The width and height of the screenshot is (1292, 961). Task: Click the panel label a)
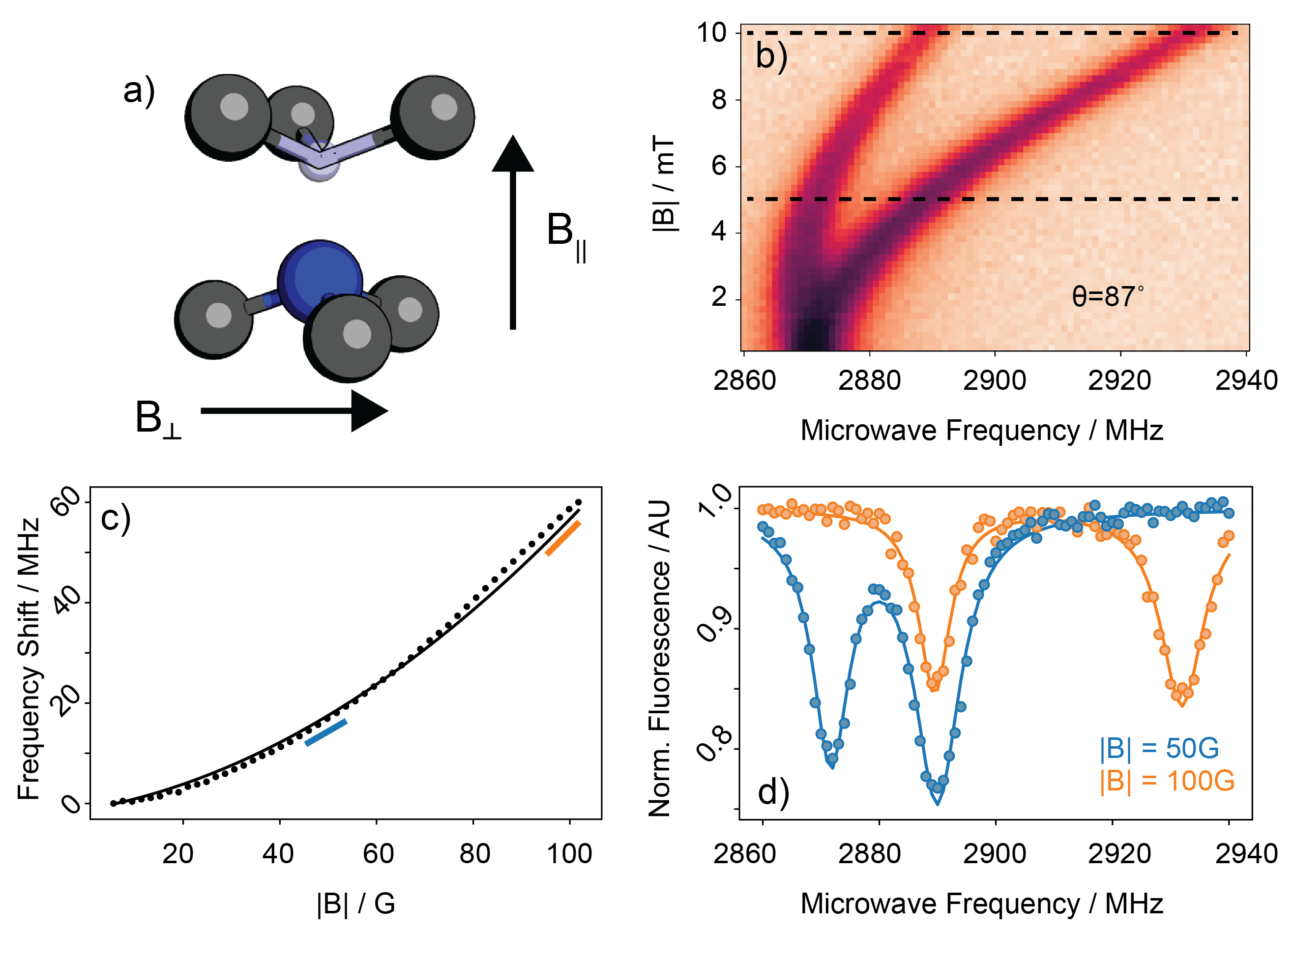click(139, 91)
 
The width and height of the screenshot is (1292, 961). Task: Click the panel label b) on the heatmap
click(771, 57)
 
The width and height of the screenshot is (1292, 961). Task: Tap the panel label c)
click(115, 518)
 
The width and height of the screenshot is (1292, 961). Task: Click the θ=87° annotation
click(1107, 297)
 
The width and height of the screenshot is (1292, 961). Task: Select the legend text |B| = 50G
click(1159, 748)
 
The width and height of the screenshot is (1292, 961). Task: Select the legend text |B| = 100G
click(1166, 781)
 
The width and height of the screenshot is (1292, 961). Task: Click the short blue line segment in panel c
click(326, 733)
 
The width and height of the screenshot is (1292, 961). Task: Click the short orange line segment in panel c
click(562, 538)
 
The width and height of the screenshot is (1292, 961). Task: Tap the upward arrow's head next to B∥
click(512, 154)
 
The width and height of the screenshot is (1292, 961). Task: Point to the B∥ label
click(566, 235)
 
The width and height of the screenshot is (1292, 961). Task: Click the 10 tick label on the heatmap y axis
click(712, 33)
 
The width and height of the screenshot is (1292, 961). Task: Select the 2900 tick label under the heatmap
click(994, 381)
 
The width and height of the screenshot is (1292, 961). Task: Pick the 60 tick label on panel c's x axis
click(378, 854)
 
